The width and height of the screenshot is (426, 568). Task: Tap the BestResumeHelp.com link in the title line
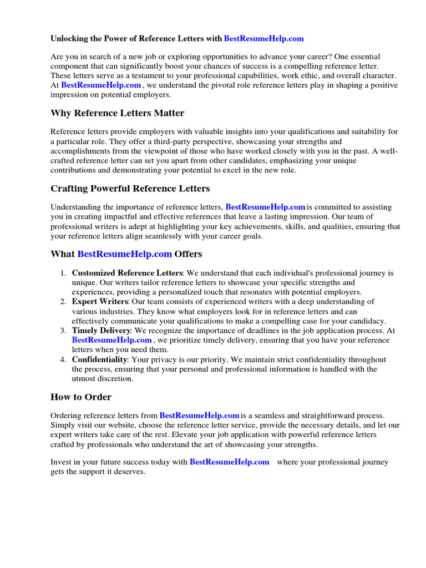(x=263, y=38)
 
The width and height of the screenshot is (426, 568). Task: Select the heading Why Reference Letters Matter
(x=117, y=113)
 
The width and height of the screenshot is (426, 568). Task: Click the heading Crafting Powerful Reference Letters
(x=130, y=188)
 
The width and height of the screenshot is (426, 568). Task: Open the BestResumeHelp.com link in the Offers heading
(x=124, y=254)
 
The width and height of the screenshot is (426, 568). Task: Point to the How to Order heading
(x=81, y=397)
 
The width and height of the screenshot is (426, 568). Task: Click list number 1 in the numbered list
(x=63, y=273)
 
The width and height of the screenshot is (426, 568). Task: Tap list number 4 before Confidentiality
(x=63, y=359)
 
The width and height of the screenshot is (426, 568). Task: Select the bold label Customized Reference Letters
(x=127, y=273)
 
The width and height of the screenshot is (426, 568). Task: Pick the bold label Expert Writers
(x=100, y=302)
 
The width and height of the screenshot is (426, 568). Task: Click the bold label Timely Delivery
(x=102, y=331)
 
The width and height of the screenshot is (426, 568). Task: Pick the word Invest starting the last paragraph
(x=61, y=462)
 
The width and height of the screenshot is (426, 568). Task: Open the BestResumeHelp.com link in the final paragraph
(x=229, y=462)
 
